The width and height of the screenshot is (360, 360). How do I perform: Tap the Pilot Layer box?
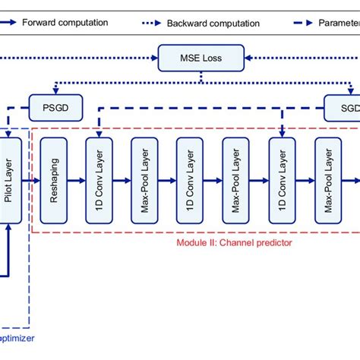[x=12, y=179]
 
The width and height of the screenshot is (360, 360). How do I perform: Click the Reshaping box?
[x=53, y=180]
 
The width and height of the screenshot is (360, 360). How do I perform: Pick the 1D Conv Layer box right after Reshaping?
[x=99, y=180]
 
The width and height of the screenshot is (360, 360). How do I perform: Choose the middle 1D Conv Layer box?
[x=190, y=180]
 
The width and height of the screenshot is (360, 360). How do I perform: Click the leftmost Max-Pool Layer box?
[x=144, y=180]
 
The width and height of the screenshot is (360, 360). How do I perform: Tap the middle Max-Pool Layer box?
[x=235, y=180]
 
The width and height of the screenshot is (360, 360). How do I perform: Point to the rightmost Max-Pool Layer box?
[x=327, y=180]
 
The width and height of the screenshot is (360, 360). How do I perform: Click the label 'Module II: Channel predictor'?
[x=234, y=242]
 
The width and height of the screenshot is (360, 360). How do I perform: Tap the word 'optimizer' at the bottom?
[x=16, y=339]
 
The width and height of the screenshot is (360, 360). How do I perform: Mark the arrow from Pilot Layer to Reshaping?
[x=33, y=180]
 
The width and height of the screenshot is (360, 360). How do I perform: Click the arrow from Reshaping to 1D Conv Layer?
[x=76, y=180]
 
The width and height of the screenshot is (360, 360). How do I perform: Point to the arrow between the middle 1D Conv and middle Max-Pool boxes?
[x=213, y=180]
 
